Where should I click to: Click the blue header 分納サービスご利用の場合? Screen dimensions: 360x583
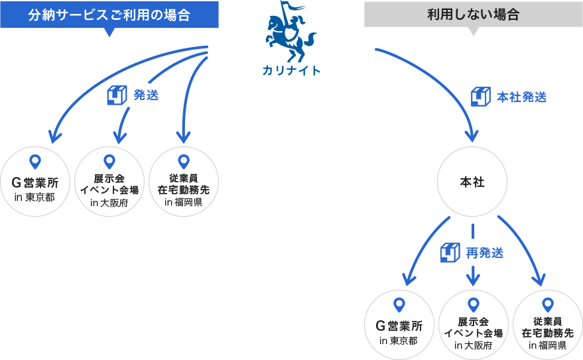point(109,15)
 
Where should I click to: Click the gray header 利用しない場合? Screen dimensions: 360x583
point(473,14)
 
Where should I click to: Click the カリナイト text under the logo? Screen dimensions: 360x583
point(291,70)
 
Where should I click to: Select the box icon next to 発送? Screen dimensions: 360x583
point(117,95)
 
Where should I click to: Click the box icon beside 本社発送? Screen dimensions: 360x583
point(480,96)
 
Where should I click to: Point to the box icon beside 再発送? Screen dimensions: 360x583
point(450,252)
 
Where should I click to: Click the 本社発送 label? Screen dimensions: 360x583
point(522,97)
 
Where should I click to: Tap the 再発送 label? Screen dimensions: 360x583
point(484,253)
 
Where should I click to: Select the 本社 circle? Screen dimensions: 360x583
point(472,182)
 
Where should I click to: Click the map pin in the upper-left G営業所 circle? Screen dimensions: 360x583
point(36,161)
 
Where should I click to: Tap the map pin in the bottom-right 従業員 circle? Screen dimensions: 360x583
point(547,304)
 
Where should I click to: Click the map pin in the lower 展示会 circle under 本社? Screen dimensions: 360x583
point(473,304)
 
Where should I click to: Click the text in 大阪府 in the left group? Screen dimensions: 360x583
point(109,202)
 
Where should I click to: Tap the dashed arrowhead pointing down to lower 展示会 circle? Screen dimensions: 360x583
point(473,276)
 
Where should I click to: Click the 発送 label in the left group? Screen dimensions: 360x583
point(146,95)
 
